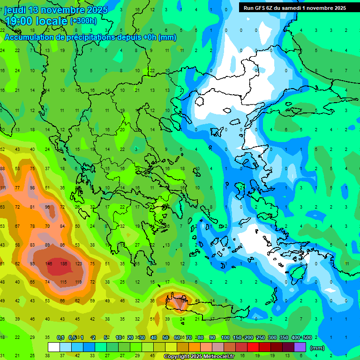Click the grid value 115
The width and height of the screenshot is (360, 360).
(x=63, y=282)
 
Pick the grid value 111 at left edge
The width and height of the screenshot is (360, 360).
(x=3, y=188)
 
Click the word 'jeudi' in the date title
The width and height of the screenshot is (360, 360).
(x=16, y=10)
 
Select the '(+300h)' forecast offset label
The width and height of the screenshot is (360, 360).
(x=83, y=21)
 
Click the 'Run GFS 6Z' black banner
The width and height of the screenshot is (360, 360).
(x=294, y=8)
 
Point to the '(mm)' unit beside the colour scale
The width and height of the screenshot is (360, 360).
(x=317, y=348)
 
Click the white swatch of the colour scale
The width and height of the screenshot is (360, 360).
(x=54, y=347)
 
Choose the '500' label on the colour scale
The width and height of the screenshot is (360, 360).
(x=307, y=338)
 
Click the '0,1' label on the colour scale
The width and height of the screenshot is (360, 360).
(x=60, y=338)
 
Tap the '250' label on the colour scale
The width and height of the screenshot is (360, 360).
(x=260, y=338)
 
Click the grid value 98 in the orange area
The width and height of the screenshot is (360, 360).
(x=32, y=188)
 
